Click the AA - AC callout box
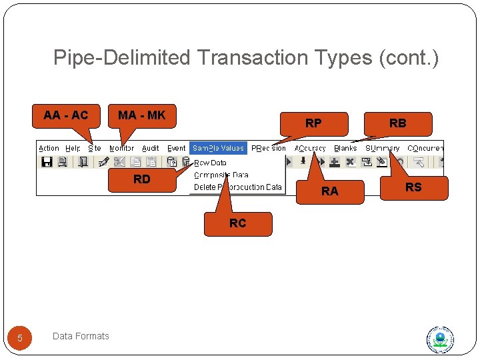pos(66,115)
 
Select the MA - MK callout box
pos(142,115)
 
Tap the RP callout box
pos(313,123)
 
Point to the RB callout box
pos(398,123)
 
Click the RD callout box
pos(142,179)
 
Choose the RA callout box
pos(330,191)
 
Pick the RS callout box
pos(413,187)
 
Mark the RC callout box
pos(238,223)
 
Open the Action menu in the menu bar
pos(49,148)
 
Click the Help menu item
pos(73,148)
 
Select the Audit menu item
pos(151,148)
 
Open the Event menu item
pos(177,148)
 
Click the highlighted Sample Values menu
pos(219,148)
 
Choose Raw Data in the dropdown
pos(210,163)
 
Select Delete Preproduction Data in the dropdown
pos(237,187)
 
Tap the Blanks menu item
pos(345,148)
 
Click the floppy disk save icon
pos(47,162)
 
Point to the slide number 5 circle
pos(20,338)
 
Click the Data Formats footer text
pos(81,336)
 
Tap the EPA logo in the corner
pos(441,340)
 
